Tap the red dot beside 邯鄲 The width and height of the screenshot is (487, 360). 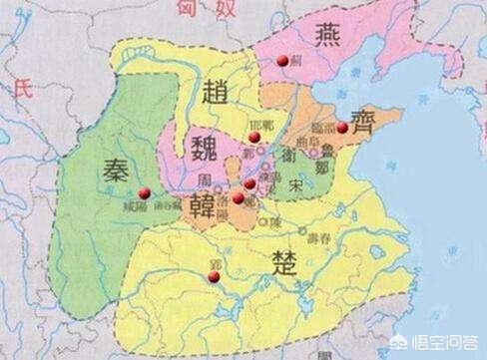click(254, 136)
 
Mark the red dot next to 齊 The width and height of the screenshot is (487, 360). click(342, 128)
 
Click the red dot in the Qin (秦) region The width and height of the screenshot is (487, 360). click(145, 191)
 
